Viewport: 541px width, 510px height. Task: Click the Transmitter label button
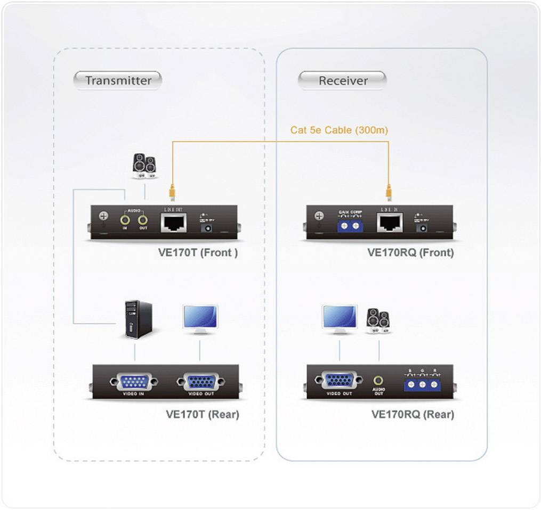118,80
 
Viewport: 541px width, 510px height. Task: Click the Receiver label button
343,80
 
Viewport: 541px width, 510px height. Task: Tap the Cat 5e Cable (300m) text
339,129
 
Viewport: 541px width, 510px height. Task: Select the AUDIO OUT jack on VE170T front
142,218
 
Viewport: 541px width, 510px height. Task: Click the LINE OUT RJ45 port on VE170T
173,222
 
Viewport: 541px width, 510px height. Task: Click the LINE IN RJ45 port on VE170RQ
390,222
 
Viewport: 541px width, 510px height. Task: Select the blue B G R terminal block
422,383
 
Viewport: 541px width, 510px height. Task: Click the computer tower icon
137,319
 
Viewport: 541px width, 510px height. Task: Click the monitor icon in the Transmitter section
200,319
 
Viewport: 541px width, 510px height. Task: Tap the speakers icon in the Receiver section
378,321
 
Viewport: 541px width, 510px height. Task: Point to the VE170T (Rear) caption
202,414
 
